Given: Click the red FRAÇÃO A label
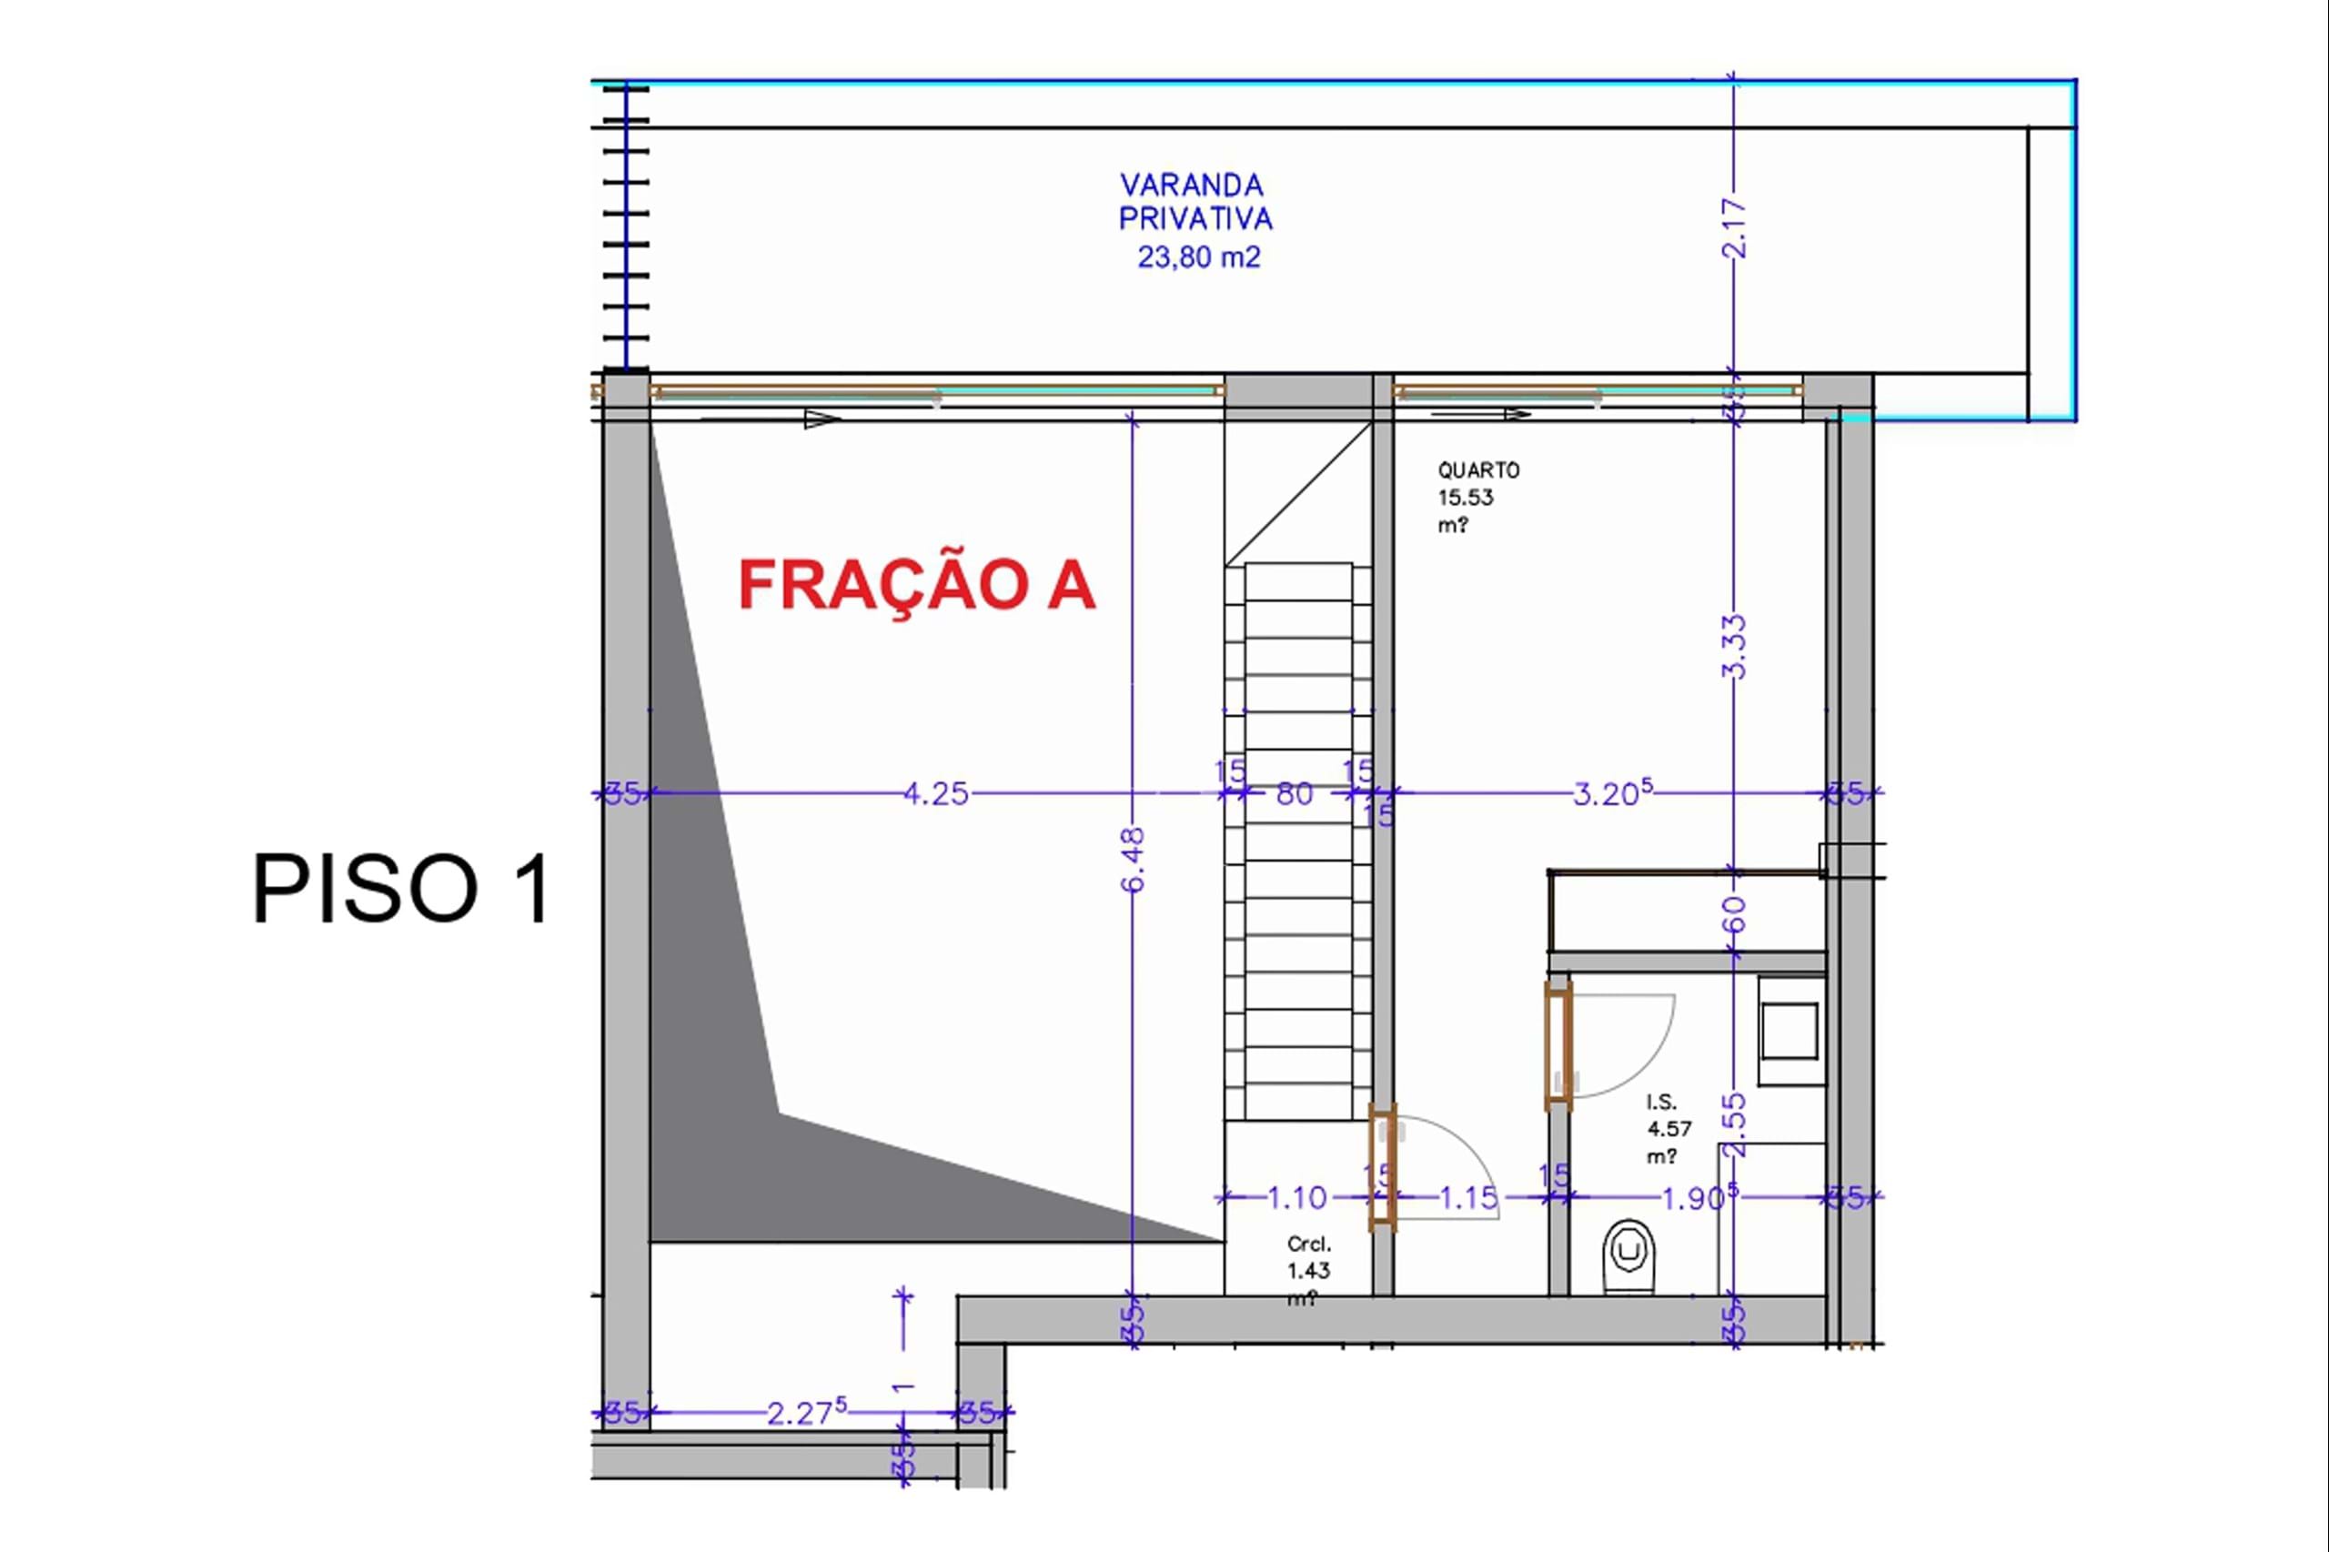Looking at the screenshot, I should (x=916, y=585).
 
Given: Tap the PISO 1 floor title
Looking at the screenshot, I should (x=402, y=889).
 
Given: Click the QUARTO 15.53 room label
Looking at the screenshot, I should (x=1477, y=497).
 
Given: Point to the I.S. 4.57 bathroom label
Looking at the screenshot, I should (x=1669, y=1128).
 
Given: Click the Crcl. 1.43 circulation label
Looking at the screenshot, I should (x=1308, y=1270).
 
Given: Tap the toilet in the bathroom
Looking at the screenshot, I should (x=1628, y=1256).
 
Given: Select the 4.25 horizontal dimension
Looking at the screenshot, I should (x=935, y=794).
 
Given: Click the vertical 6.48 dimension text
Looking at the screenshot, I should (x=1134, y=859).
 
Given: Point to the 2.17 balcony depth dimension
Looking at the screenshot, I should (x=1734, y=228).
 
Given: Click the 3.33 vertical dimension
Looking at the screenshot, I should (x=1734, y=646).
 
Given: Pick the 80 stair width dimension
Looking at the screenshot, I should (x=1295, y=794).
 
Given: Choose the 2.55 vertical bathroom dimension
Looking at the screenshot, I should (x=1734, y=1124).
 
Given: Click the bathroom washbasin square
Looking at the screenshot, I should (x=1790, y=1032).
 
